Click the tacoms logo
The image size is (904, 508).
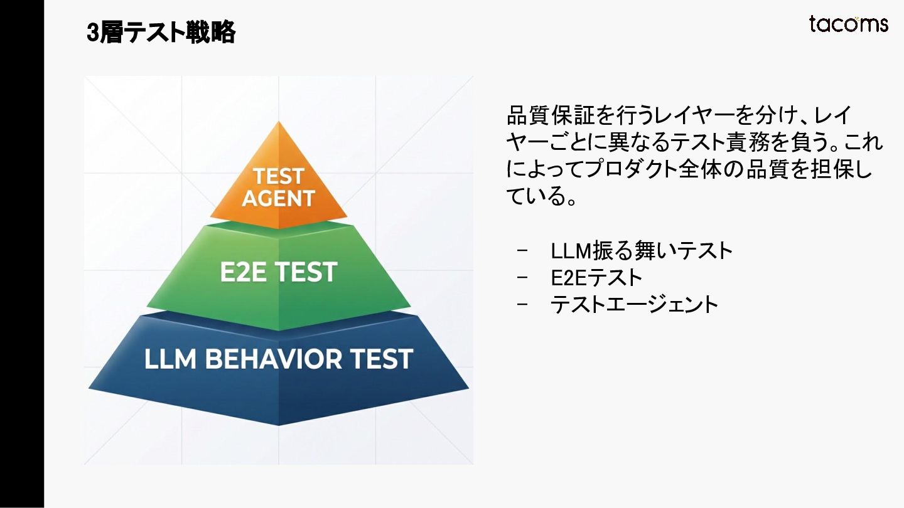(848, 24)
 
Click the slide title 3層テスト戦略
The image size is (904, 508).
(161, 33)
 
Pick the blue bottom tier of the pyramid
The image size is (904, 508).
(279, 389)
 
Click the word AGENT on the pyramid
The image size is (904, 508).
(278, 198)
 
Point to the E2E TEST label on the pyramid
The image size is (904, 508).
(279, 272)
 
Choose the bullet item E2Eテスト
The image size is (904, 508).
(596, 277)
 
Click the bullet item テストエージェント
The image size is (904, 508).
(634, 304)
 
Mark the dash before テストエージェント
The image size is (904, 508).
(523, 304)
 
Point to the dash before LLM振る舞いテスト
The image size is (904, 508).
(523, 251)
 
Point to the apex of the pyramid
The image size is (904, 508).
(278, 123)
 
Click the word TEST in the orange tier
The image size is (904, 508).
(278, 176)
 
